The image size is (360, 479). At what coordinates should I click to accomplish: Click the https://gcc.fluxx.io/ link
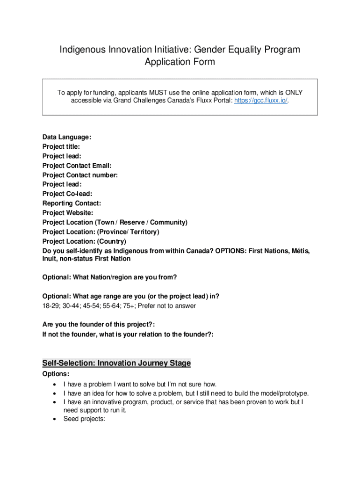tap(261, 101)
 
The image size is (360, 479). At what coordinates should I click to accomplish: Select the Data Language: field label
tap(67, 137)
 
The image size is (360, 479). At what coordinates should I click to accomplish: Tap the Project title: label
tap(61, 146)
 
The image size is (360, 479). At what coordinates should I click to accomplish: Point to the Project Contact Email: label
tap(77, 166)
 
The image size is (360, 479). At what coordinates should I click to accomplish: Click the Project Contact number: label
tap(80, 175)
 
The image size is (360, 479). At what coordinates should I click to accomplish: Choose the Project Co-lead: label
tap(67, 194)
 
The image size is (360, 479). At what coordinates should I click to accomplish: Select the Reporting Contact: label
tap(72, 203)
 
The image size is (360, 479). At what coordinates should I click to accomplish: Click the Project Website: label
tap(68, 213)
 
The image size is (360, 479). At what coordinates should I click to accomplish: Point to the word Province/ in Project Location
tap(112, 232)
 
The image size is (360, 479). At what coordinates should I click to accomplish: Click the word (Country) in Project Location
tap(112, 241)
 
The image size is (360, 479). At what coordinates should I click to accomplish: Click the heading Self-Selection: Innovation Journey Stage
tap(116, 363)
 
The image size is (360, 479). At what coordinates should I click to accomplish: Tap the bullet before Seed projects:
tap(55, 419)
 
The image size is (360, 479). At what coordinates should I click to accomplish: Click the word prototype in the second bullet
tap(294, 393)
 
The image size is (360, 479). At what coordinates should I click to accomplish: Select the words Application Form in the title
tap(180, 62)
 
